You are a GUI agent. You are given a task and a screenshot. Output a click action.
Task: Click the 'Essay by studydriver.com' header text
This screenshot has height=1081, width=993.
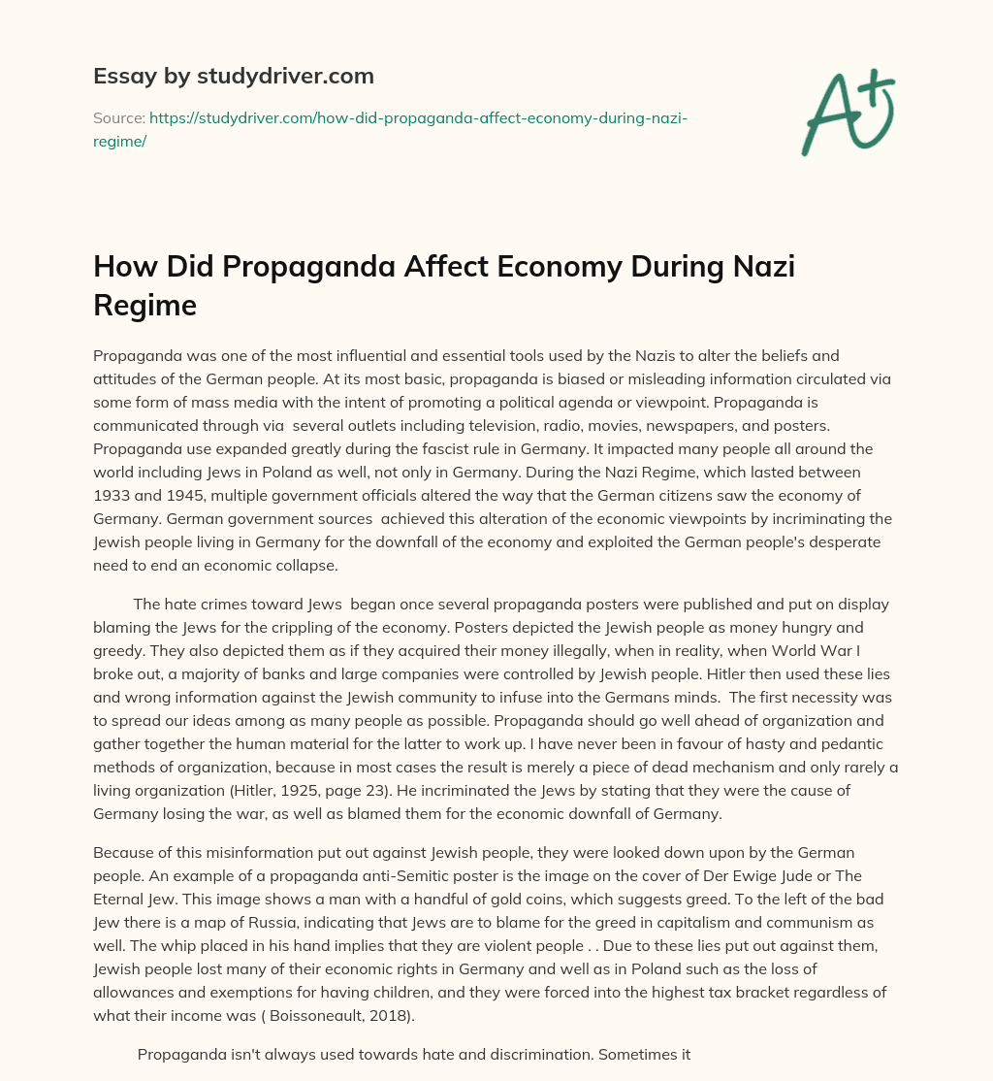tap(233, 75)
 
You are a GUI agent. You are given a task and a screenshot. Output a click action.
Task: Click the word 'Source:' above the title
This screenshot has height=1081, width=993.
tap(118, 117)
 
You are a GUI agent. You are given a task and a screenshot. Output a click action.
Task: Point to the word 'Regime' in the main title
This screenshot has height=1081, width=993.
tap(144, 306)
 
